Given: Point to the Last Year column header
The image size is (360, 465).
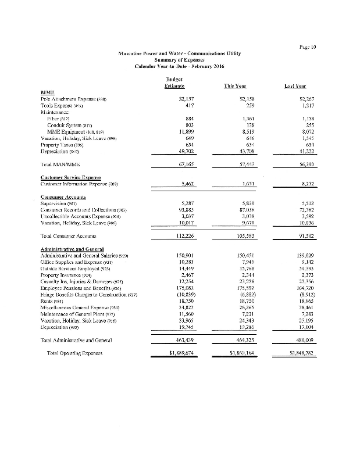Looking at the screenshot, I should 296,86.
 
